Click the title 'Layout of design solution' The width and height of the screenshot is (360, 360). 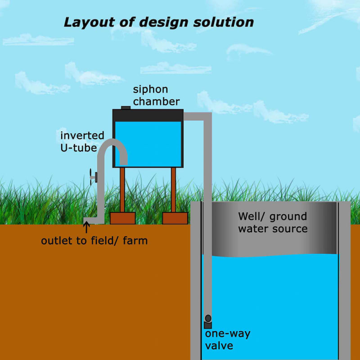click(158, 22)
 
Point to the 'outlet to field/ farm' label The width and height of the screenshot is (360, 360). click(94, 241)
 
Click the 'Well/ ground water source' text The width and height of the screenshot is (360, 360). click(273, 222)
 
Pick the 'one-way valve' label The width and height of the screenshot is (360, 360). click(227, 339)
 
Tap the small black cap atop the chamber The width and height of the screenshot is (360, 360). click(126, 108)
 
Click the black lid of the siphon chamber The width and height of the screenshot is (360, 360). click(148, 115)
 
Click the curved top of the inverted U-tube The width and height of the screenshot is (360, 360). click(112, 144)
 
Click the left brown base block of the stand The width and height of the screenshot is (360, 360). click(123, 218)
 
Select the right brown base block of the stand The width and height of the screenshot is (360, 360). click(175, 218)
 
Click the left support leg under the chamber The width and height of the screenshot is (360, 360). click(122, 189)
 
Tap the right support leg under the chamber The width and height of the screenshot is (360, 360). click(173, 189)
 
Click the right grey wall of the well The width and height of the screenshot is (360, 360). click(344, 279)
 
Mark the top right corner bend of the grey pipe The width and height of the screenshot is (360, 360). click(207, 117)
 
